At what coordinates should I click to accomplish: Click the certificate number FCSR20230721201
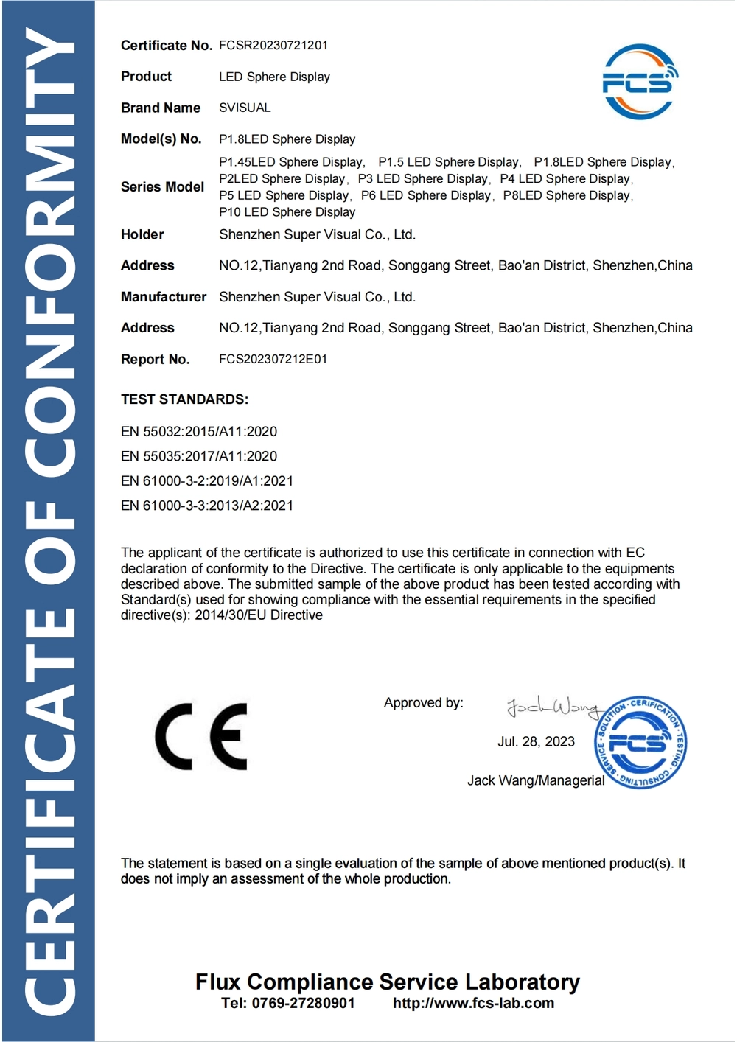click(x=273, y=45)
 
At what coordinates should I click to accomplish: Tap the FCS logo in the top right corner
click(x=638, y=82)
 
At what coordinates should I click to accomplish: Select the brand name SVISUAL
click(x=245, y=108)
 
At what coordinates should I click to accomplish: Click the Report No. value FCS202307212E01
click(x=273, y=359)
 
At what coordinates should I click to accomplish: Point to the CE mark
click(x=201, y=736)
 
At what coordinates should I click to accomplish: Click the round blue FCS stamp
click(x=640, y=741)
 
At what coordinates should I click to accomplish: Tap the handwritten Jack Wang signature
click(x=552, y=707)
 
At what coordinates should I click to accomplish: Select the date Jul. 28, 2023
click(x=536, y=741)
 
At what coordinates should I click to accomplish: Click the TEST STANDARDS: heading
click(x=184, y=399)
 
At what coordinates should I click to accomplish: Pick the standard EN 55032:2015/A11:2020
click(x=199, y=431)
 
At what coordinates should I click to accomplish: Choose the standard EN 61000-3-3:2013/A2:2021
click(x=207, y=506)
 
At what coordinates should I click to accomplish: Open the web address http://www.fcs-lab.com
click(x=473, y=1003)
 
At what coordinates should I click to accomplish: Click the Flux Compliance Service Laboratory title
click(x=388, y=982)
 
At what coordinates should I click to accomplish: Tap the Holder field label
click(x=142, y=234)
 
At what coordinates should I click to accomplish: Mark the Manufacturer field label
click(x=164, y=297)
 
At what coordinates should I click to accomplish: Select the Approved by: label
click(x=423, y=703)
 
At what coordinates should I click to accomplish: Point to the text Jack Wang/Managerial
click(x=536, y=780)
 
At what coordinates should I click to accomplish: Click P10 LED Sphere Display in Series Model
click(x=287, y=212)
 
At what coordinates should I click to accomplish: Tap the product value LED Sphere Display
click(x=274, y=77)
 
